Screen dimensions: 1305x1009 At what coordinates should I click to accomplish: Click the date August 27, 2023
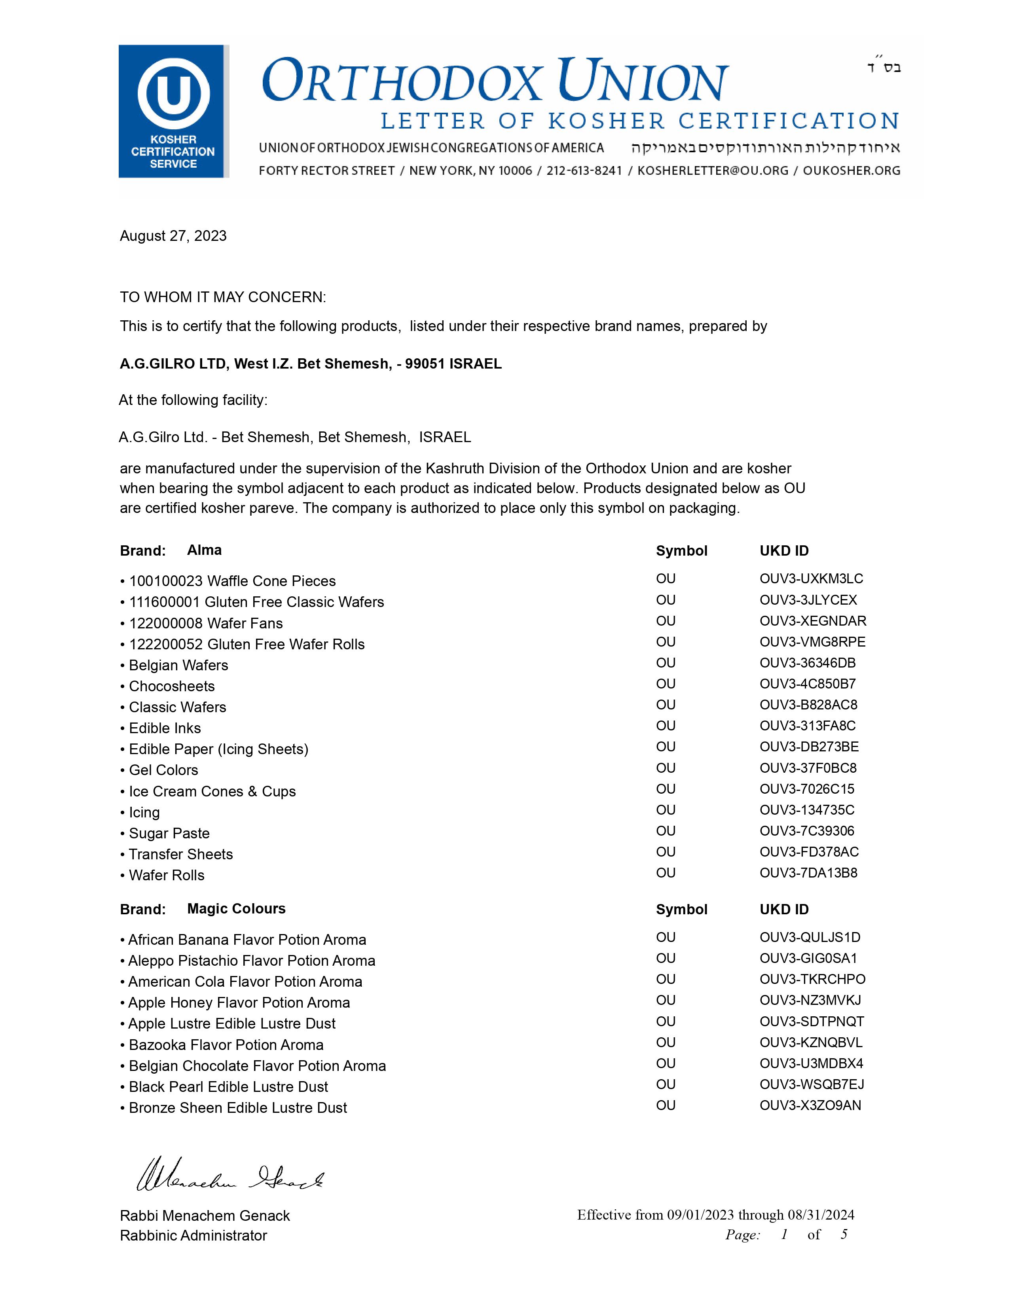click(x=173, y=236)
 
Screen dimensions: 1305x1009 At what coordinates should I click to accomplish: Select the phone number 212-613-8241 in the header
click(x=584, y=171)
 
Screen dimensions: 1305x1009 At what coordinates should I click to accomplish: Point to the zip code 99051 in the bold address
click(x=425, y=364)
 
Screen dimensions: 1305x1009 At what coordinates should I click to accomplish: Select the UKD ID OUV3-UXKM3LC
click(x=811, y=579)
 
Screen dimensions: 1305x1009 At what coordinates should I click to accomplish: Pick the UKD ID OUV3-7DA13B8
click(x=808, y=873)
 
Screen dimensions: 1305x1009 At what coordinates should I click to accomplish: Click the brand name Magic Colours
click(x=236, y=909)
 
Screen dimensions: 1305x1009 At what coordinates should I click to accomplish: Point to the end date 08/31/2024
click(x=821, y=1215)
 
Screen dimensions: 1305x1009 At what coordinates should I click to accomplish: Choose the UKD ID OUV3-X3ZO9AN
click(x=810, y=1105)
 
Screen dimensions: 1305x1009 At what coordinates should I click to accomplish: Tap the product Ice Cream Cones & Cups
click(x=212, y=792)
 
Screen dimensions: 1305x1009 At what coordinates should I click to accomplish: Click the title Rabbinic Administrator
click(x=193, y=1236)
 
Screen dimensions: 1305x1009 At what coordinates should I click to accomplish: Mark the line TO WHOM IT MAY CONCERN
click(x=223, y=297)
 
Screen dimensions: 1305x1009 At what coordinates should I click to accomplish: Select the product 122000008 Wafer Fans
click(x=206, y=624)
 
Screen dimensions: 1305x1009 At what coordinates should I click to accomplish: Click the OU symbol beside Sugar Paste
click(x=665, y=831)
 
